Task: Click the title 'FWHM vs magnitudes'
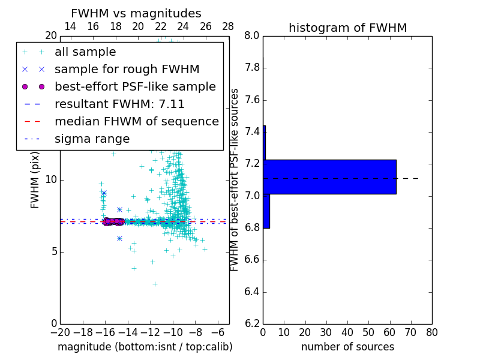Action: (136, 13)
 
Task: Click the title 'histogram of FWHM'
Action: (347, 28)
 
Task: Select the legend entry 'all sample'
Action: (85, 52)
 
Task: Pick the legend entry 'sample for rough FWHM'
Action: (127, 69)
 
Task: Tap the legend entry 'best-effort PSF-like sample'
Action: (135, 86)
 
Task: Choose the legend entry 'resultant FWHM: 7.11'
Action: (119, 104)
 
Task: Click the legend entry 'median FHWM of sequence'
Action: (136, 121)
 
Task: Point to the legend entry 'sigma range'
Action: (92, 139)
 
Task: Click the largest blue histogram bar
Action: (330, 177)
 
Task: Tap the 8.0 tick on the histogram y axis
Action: (251, 36)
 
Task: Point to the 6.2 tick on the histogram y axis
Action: (251, 324)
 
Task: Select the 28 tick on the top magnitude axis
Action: (228, 26)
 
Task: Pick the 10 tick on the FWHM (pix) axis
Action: (50, 180)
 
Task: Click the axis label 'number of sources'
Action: (347, 347)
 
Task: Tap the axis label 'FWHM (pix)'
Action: (35, 180)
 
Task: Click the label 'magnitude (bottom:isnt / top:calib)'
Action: (145, 347)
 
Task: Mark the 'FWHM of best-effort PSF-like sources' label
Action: (235, 180)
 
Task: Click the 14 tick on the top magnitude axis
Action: (70, 26)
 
